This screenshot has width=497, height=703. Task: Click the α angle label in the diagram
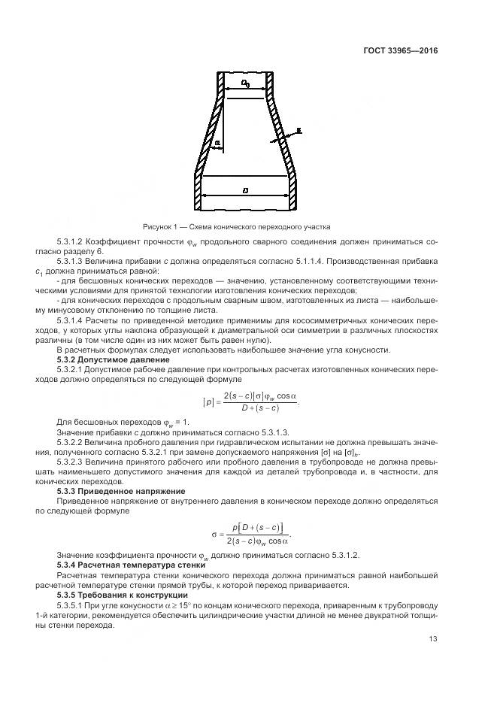[x=217, y=141]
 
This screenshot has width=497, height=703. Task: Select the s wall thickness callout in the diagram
[x=299, y=130]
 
